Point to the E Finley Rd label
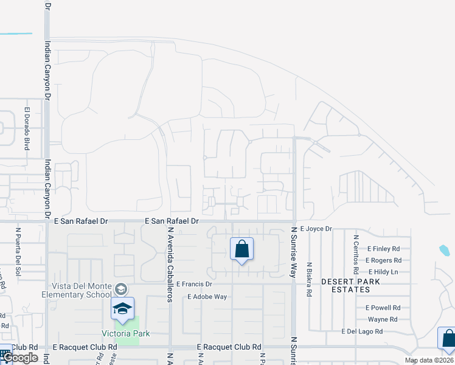tap(383, 249)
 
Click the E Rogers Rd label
tap(383, 260)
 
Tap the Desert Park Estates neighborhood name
tap(350, 286)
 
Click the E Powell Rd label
tap(383, 308)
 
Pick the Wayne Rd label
tap(383, 319)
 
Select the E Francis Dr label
tap(194, 284)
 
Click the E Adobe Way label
tap(207, 297)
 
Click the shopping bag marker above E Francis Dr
tap(241, 249)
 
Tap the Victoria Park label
tap(126, 333)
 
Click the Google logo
tap(20, 358)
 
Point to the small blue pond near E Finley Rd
tap(444, 250)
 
